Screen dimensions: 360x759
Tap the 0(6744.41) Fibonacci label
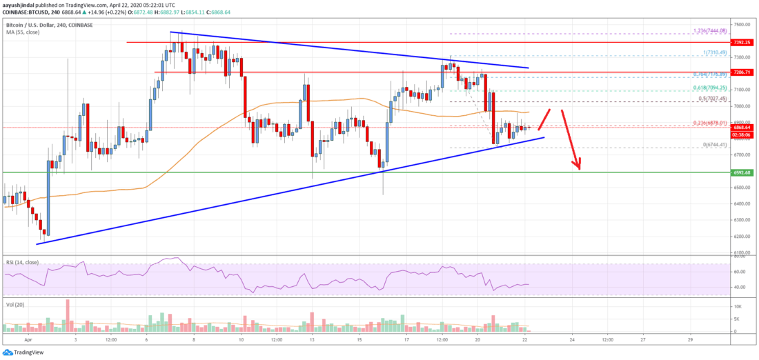tap(709, 145)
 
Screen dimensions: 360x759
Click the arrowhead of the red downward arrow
tap(580, 166)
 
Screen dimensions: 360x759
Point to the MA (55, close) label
tap(20, 31)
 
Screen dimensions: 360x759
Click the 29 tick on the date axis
tap(690, 339)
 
